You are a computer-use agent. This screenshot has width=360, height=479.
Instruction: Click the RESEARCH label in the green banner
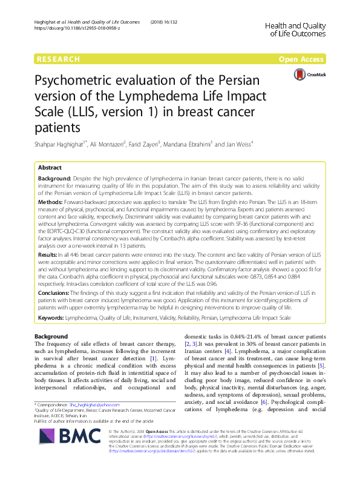pyautogui.click(x=59, y=59)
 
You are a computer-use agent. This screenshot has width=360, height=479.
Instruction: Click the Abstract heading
pyautogui.click(x=50, y=167)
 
